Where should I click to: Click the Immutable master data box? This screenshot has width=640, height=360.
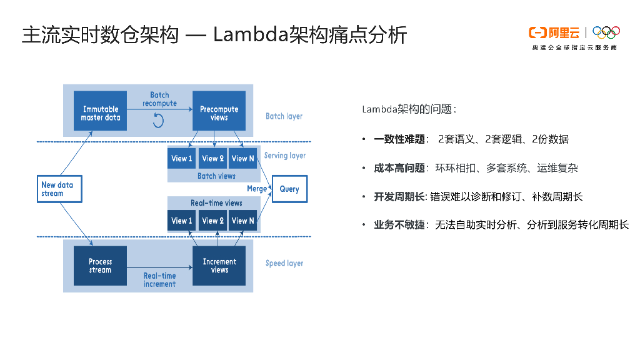click(100, 111)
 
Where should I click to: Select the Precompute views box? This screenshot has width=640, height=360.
click(219, 111)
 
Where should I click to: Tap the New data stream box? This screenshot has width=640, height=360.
click(59, 189)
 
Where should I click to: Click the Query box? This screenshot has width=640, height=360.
click(289, 189)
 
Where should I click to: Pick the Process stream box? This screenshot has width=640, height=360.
click(100, 266)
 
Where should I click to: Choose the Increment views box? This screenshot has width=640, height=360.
click(219, 266)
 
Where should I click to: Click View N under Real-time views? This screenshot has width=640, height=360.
click(243, 221)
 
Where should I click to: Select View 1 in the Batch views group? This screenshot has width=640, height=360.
click(182, 158)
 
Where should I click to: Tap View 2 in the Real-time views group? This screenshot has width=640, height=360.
click(212, 221)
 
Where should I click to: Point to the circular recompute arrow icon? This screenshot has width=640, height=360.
click(158, 121)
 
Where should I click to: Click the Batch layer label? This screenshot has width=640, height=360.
click(284, 116)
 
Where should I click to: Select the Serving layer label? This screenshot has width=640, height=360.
click(285, 156)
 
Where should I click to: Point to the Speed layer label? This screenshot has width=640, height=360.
click(284, 263)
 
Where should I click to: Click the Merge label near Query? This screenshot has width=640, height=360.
click(257, 189)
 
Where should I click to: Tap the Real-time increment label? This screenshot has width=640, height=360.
click(159, 280)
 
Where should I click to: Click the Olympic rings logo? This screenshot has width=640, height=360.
click(606, 32)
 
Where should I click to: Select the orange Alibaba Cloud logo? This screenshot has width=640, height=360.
click(554, 32)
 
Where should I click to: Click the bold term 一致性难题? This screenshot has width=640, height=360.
click(399, 139)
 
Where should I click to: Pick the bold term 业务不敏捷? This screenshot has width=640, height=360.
click(399, 225)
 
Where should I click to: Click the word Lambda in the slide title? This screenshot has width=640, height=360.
click(251, 34)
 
